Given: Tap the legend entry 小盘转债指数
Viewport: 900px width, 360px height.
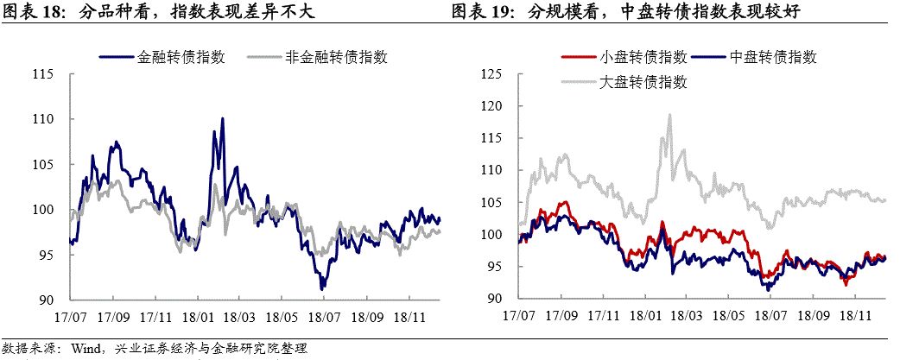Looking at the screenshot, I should [x=643, y=58].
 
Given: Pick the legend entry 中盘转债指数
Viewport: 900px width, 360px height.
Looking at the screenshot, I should [x=773, y=58].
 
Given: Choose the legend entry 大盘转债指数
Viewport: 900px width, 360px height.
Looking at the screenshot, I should [x=643, y=83].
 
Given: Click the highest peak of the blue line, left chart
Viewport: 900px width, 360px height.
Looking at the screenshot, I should [x=222, y=118].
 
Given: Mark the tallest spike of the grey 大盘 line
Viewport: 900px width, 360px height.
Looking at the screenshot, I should [x=669, y=115].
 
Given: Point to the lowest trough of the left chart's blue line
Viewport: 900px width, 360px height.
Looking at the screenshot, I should [x=321, y=288].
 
